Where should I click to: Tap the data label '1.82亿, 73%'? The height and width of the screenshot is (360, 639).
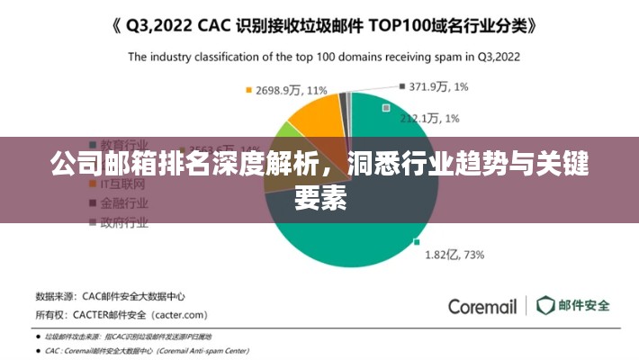(454, 255)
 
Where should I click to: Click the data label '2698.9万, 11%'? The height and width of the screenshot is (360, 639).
(292, 91)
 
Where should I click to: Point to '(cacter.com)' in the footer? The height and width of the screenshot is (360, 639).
(180, 316)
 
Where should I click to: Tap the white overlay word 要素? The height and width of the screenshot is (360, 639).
(319, 199)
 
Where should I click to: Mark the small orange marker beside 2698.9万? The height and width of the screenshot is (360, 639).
(248, 90)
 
